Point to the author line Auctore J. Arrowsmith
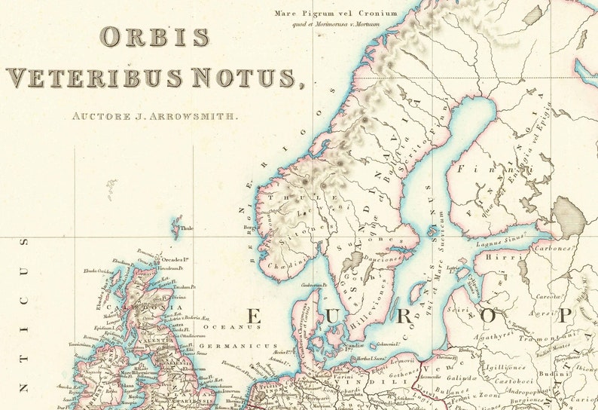154,116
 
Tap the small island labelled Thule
178,225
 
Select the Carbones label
553,246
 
